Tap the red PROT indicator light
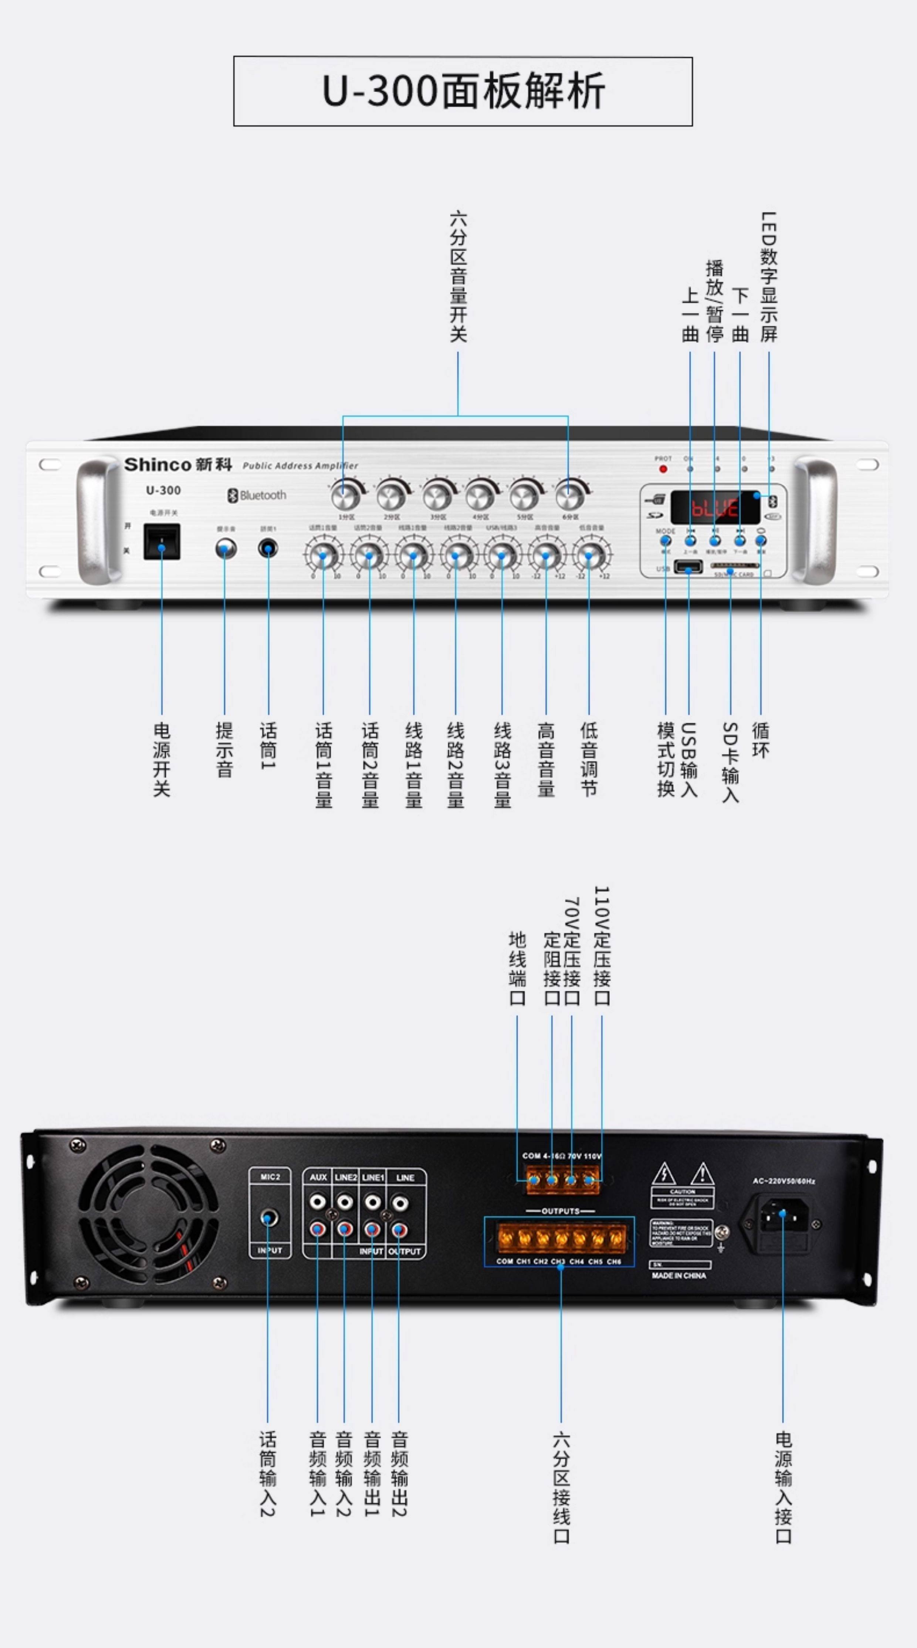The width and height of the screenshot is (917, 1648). tap(663, 469)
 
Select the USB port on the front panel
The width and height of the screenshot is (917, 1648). tap(688, 566)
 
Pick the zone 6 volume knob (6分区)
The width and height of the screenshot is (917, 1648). tap(568, 495)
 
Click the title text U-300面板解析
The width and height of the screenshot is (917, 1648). tap(463, 91)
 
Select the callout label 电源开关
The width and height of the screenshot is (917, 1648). tap(162, 759)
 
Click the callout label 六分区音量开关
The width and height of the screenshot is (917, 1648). tap(458, 276)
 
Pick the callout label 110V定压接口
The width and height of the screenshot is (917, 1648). tap(602, 946)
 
